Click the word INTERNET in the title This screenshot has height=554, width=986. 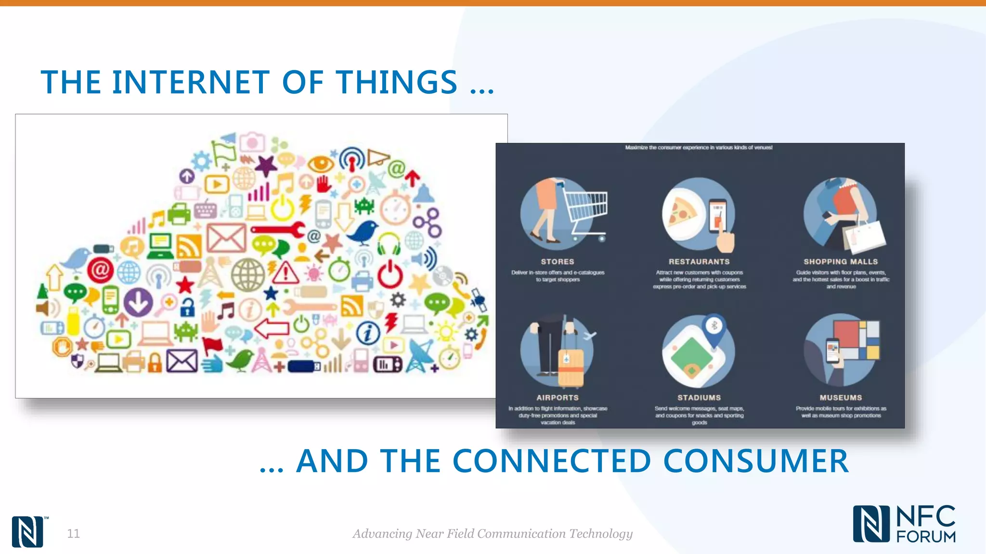tap(190, 82)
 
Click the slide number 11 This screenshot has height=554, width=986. tap(73, 533)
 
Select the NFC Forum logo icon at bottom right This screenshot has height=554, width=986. tap(870, 524)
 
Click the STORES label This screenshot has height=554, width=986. tap(557, 262)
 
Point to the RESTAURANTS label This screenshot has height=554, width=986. tap(699, 262)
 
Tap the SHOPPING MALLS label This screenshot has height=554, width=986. tap(840, 262)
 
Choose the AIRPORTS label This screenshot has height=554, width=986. tap(557, 398)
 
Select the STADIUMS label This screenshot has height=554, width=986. tap(699, 398)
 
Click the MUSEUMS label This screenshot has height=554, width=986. tap(841, 398)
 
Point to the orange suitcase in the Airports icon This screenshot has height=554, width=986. tap(571, 368)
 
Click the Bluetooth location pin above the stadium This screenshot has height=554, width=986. tap(714, 327)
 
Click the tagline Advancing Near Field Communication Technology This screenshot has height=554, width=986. tap(492, 533)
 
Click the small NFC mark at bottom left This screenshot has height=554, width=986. tap(27, 531)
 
